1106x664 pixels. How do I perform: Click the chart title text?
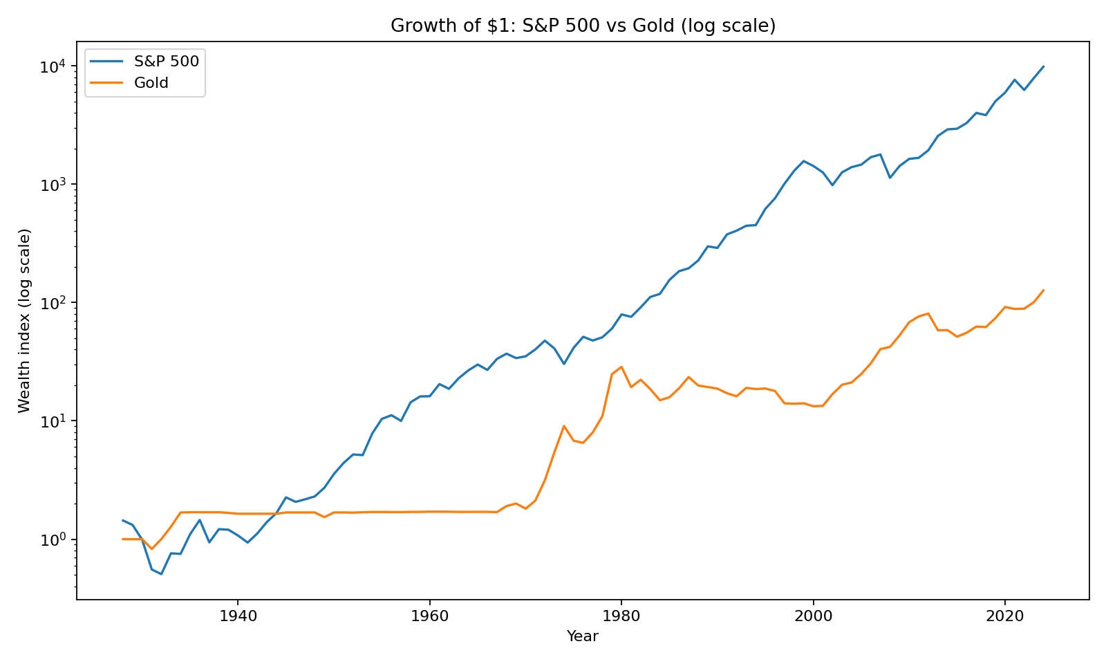coord(583,26)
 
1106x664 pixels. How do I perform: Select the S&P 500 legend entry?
coord(166,62)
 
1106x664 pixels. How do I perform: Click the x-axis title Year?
coord(583,636)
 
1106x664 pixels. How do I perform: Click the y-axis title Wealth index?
coord(25,320)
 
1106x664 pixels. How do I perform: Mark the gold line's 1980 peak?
coord(621,367)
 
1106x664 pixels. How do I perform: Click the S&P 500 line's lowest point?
coord(161,574)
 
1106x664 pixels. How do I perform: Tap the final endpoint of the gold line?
coord(1043,290)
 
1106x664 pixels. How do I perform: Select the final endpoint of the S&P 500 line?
coord(1043,67)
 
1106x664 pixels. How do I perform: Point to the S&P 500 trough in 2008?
coord(890,178)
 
